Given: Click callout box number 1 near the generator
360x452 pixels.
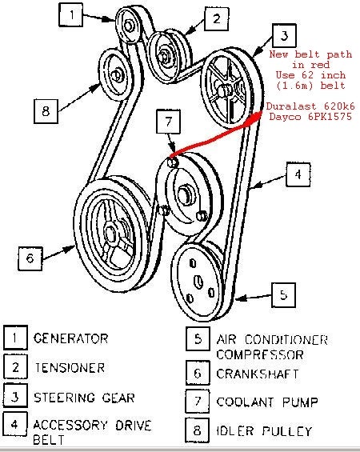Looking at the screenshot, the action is click(x=71, y=14).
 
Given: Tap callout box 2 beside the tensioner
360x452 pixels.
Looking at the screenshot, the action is click(x=217, y=19).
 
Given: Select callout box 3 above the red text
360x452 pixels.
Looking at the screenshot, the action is click(x=284, y=36).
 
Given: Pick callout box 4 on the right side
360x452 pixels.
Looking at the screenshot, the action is click(x=298, y=174).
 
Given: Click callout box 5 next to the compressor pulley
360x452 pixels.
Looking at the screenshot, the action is click(x=284, y=295).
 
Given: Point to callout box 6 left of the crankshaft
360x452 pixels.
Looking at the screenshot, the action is click(x=30, y=258).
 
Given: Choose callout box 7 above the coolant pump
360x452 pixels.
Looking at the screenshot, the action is click(x=168, y=122).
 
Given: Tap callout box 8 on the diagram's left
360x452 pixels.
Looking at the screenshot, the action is click(x=46, y=111).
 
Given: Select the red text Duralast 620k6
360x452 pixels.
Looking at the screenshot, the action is click(x=310, y=106).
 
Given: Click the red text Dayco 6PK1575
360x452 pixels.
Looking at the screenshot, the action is click(x=310, y=117).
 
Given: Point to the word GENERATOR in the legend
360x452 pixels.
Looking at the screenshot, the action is click(x=70, y=338).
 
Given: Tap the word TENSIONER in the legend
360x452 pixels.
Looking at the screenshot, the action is click(x=70, y=368).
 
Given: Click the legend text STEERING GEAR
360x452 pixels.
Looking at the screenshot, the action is click(x=84, y=398).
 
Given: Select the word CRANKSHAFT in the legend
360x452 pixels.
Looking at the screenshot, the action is click(x=258, y=374).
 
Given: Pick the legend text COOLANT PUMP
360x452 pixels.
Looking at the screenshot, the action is click(x=267, y=402).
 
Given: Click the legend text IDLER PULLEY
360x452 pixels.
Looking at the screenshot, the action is click(x=264, y=431).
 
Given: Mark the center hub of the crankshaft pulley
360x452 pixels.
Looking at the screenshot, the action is click(x=110, y=233).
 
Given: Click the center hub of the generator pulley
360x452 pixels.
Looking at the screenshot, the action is click(x=129, y=26).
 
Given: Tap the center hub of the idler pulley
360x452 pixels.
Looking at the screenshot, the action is click(x=118, y=75).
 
